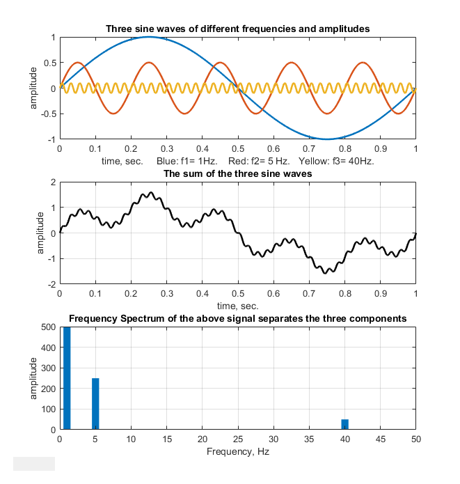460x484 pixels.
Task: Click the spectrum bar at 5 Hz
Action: point(95,404)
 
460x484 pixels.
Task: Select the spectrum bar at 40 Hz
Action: point(344,424)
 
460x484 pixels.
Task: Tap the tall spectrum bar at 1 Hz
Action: point(67,378)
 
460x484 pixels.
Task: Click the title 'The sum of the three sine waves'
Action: point(237,173)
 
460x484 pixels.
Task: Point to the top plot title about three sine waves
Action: point(237,29)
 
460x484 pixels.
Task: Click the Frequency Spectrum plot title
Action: point(237,319)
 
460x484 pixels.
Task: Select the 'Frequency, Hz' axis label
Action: point(237,451)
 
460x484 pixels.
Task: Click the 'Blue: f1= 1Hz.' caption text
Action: point(184,161)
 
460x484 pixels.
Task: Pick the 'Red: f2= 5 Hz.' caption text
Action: point(254,161)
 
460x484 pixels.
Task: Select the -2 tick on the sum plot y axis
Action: point(51,285)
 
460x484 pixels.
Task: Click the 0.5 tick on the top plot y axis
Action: point(48,63)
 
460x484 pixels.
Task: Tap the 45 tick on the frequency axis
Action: point(380,440)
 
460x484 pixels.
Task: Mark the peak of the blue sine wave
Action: point(149,37)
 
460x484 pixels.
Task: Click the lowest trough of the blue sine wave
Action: point(326,139)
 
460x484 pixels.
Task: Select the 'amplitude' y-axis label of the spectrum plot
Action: point(33,378)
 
